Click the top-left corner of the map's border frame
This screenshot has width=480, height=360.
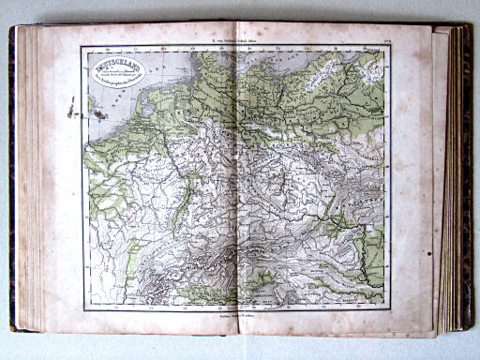[82, 48]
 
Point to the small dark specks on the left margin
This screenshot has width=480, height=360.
[69, 111]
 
